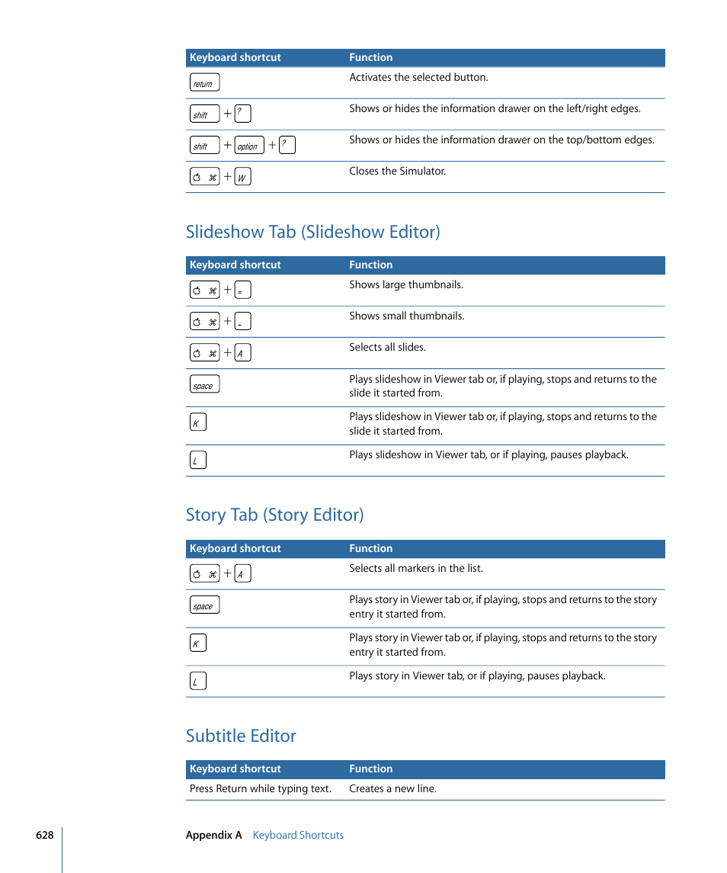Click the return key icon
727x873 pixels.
click(x=203, y=83)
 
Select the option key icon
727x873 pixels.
click(x=248, y=146)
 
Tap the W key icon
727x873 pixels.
click(x=242, y=177)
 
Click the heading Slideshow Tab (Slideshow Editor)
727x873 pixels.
click(x=312, y=232)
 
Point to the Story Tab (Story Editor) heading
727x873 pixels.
click(x=274, y=515)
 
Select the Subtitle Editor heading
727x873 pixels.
click(x=241, y=736)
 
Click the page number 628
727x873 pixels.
click(x=44, y=835)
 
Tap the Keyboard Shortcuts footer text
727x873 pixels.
click(x=298, y=835)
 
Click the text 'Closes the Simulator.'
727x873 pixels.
click(x=397, y=172)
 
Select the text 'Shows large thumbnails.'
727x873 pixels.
click(x=405, y=284)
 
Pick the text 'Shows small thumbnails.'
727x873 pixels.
click(x=406, y=316)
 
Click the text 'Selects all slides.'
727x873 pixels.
click(x=387, y=347)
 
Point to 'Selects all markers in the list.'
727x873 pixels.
click(x=415, y=568)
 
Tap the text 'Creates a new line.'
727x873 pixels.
click(x=392, y=788)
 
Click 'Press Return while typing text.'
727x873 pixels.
click(x=260, y=788)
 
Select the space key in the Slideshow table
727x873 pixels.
click(x=203, y=385)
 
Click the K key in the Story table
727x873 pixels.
click(x=197, y=643)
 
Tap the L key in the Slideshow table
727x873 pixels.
click(x=197, y=460)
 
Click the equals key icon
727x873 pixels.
click(x=242, y=290)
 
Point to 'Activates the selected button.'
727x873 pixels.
click(x=418, y=77)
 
